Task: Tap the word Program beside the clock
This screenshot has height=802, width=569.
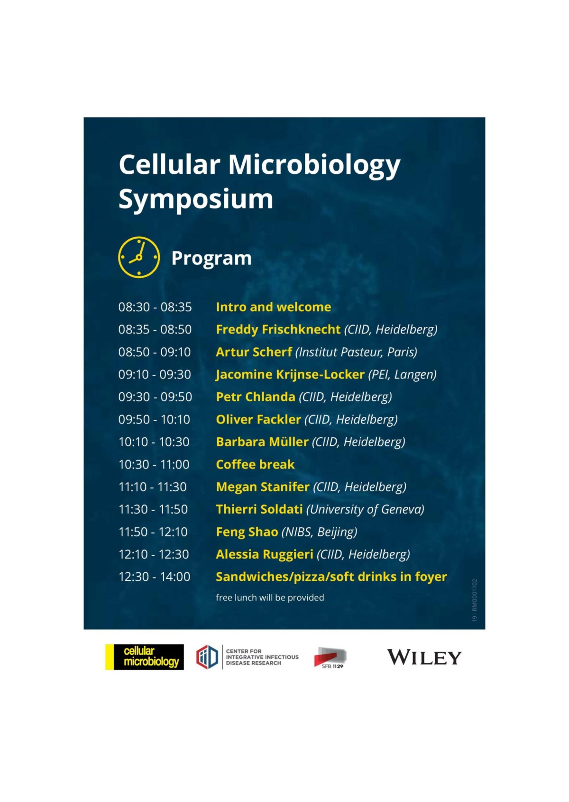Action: click(211, 258)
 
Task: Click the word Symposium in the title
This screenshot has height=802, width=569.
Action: click(196, 199)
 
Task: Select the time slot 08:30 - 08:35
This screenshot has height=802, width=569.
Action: click(155, 307)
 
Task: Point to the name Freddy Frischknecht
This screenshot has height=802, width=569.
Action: click(278, 329)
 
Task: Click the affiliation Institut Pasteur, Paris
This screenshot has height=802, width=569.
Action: click(356, 352)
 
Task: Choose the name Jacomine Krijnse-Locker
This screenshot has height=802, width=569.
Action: click(290, 375)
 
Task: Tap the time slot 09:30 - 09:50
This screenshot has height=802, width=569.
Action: click(155, 396)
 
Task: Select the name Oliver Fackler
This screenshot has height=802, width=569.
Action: click(258, 419)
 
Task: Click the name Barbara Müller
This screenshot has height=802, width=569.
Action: click(262, 442)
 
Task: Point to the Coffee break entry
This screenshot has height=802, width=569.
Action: click(255, 464)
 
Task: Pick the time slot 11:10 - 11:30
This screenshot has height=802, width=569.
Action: click(153, 487)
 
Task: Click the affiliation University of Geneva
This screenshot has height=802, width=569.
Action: click(365, 509)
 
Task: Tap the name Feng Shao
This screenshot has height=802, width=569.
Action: click(247, 532)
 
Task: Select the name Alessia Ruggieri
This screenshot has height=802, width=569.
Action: click(265, 554)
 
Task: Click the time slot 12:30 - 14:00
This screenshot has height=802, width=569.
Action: click(155, 577)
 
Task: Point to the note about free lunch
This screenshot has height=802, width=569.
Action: click(270, 597)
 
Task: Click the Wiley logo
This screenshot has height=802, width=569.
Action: click(424, 658)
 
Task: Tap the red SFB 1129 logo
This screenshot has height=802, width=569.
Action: click(330, 658)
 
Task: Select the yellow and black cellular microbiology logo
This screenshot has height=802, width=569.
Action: click(145, 657)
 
